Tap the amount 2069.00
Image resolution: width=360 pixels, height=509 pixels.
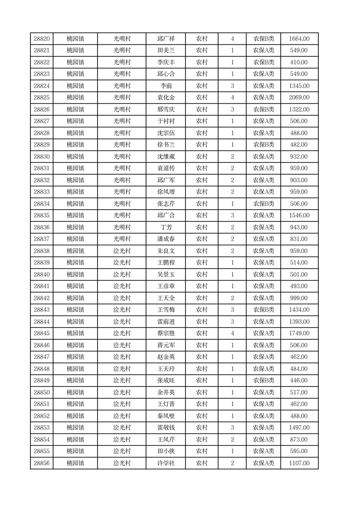click(x=299, y=98)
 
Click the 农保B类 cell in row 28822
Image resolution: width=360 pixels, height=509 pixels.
click(x=263, y=63)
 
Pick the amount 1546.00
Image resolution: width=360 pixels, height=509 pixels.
click(x=299, y=215)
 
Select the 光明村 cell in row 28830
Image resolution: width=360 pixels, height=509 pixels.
click(x=122, y=157)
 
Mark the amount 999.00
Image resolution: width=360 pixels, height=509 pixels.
click(x=299, y=298)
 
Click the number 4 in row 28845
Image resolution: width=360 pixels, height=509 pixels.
click(x=232, y=333)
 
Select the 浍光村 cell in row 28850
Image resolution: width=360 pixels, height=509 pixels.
click(x=122, y=392)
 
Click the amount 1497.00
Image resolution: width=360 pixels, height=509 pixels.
click(x=299, y=428)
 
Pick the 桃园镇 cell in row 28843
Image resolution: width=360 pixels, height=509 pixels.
click(x=75, y=310)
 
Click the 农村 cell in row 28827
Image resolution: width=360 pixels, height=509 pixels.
click(x=201, y=121)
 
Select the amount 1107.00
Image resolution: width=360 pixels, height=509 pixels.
click(x=299, y=463)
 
